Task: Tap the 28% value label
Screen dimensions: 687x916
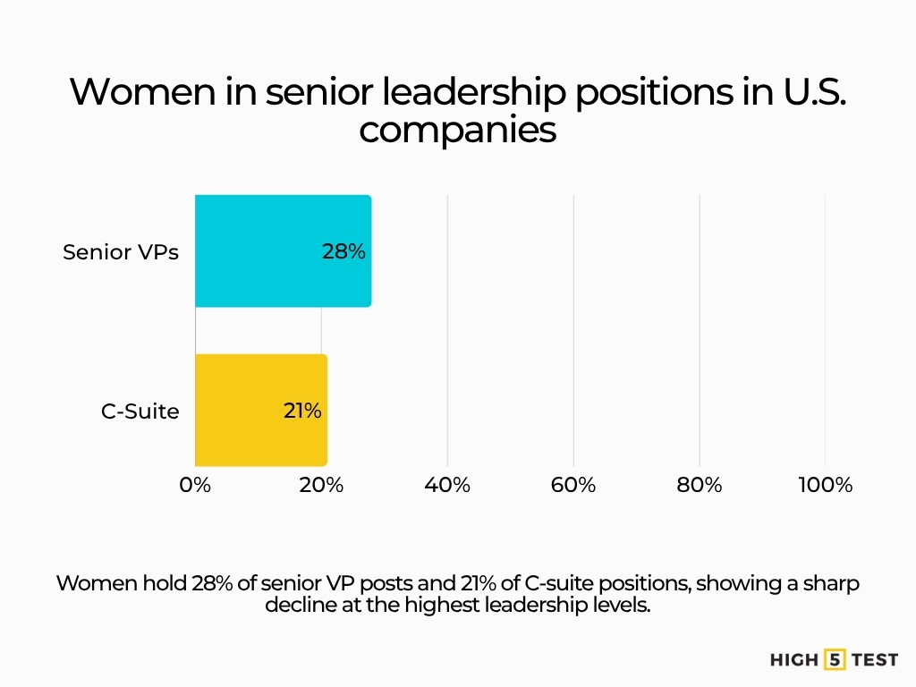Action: (343, 252)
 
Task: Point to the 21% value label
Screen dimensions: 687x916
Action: (302, 411)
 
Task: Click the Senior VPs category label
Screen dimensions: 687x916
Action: (121, 252)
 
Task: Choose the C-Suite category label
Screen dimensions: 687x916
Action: (140, 411)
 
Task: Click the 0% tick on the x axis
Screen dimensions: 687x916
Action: (195, 485)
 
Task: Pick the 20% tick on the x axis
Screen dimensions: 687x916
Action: (321, 485)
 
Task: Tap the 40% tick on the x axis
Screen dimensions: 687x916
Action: (447, 485)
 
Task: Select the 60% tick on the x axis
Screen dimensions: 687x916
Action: (573, 485)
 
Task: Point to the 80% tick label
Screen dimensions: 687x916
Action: (700, 485)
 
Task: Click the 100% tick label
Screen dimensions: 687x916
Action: (825, 485)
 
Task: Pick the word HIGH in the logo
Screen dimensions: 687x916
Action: (794, 660)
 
